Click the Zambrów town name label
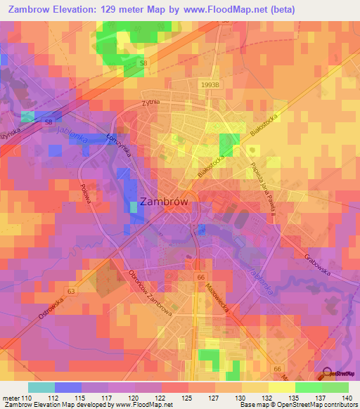pyautogui.click(x=165, y=201)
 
